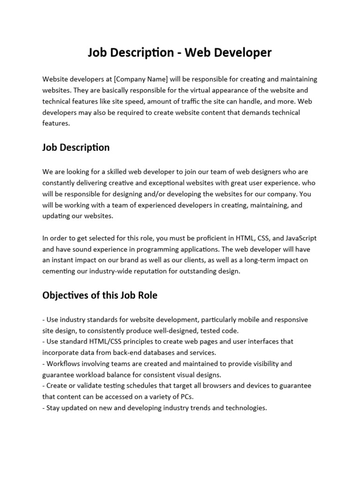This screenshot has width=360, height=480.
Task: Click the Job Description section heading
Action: (76, 148)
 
